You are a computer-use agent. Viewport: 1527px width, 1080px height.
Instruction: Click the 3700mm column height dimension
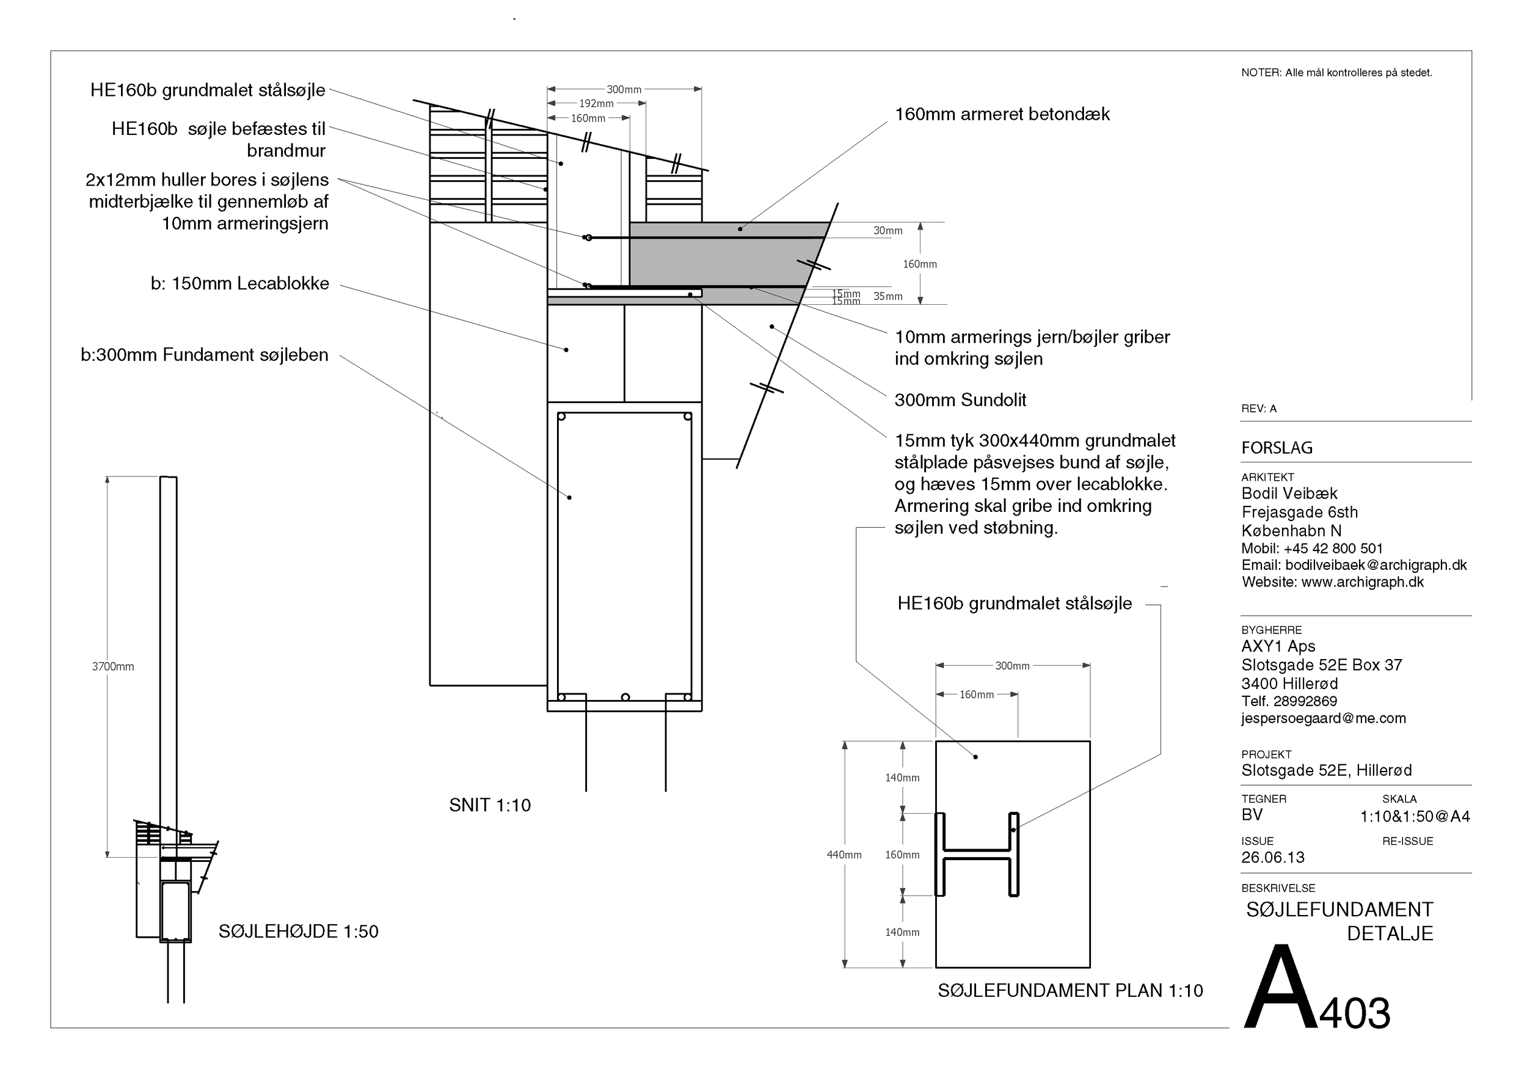112,666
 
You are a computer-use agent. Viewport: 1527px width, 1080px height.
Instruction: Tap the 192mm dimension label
596,104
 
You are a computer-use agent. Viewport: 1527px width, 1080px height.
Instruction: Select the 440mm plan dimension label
844,855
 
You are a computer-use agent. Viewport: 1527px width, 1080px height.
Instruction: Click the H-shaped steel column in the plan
977,854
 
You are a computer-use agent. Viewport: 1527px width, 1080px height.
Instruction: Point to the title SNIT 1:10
489,805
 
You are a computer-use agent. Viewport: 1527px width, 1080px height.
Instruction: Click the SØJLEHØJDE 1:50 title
298,931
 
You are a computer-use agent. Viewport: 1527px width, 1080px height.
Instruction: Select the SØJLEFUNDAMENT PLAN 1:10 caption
1070,990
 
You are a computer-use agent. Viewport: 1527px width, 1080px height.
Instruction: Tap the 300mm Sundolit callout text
960,400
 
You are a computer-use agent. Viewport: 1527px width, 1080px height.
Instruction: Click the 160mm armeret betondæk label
1002,114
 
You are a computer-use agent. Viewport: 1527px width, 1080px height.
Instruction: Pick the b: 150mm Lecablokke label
239,283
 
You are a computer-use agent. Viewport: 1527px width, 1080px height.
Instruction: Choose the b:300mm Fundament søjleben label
204,354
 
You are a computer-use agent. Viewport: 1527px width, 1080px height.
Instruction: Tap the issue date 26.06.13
1272,857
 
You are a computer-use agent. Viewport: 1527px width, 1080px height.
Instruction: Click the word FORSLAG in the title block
1277,448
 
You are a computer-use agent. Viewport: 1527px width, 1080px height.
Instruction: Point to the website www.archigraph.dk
1362,582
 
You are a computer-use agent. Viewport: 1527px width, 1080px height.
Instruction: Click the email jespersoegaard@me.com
1323,718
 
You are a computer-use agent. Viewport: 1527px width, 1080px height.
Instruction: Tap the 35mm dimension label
888,297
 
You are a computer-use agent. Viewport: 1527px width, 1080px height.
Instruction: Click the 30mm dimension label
888,231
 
